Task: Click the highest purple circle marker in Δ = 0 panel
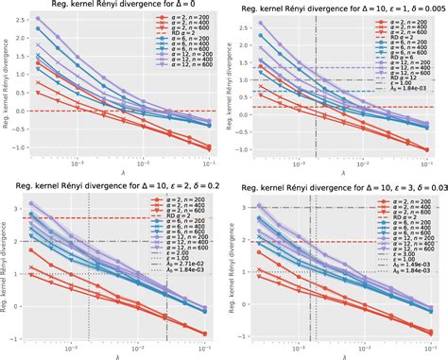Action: (x=35, y=19)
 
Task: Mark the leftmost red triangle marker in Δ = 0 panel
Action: (x=35, y=94)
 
